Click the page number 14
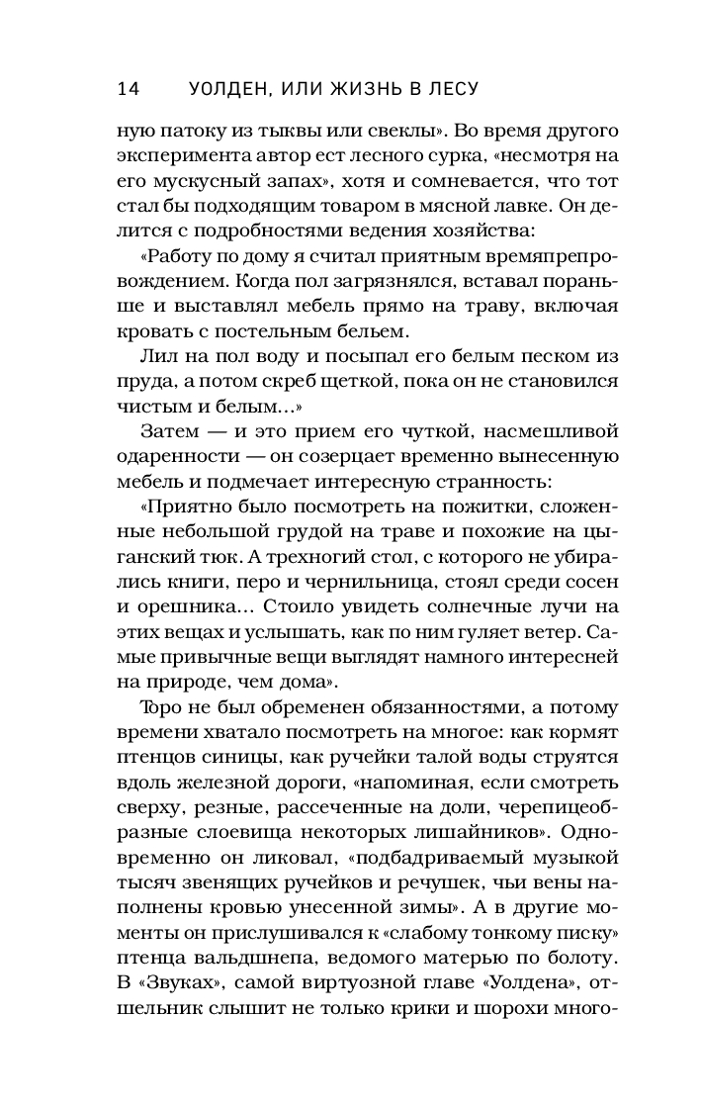pyautogui.click(x=129, y=89)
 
